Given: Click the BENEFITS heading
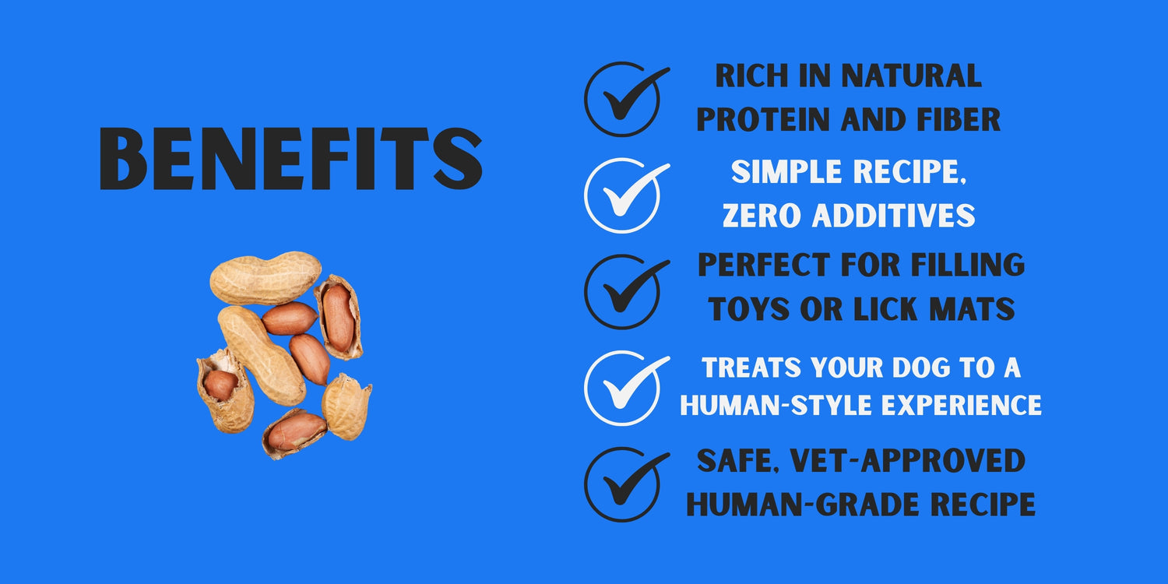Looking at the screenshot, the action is pyautogui.click(x=290, y=158).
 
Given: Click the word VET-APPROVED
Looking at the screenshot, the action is pyautogui.click(x=908, y=461).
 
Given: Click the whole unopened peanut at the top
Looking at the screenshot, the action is pyautogui.click(x=265, y=278).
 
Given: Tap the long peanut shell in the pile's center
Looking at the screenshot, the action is pyautogui.click(x=262, y=355).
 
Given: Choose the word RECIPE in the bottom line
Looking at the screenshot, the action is pyautogui.click(x=983, y=505).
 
